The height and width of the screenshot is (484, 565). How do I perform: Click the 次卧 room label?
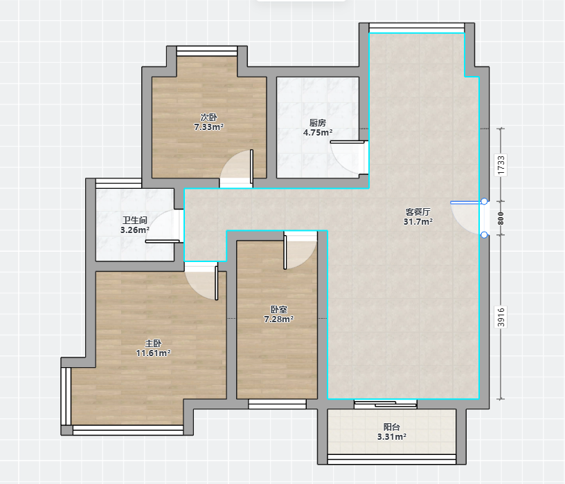pyautogui.click(x=208, y=118)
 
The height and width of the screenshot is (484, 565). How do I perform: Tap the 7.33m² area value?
pyautogui.click(x=208, y=127)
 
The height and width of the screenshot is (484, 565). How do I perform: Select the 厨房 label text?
pyautogui.click(x=317, y=123)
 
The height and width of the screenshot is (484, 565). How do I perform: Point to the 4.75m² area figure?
pyautogui.click(x=317, y=133)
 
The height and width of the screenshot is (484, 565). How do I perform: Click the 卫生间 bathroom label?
pyautogui.click(x=135, y=221)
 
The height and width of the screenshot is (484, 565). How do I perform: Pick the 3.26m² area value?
pyautogui.click(x=135, y=230)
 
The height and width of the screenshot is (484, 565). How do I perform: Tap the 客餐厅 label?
pyautogui.click(x=418, y=212)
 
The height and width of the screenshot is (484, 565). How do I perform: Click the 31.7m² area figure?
pyautogui.click(x=418, y=222)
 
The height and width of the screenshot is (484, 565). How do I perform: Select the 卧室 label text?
pyautogui.click(x=278, y=310)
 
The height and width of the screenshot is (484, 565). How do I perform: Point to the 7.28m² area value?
pyautogui.click(x=278, y=319)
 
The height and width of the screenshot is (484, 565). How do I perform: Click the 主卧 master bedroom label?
pyautogui.click(x=153, y=344)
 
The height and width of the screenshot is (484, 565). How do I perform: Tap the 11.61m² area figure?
pyautogui.click(x=153, y=353)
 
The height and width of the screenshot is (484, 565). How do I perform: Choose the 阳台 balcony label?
pyautogui.click(x=392, y=427)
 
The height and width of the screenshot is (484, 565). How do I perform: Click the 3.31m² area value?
pyautogui.click(x=392, y=437)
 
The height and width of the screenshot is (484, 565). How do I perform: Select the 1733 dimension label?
pyautogui.click(x=501, y=165)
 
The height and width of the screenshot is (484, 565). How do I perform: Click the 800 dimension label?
pyautogui.click(x=501, y=218)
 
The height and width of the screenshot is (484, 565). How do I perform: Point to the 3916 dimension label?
pyautogui.click(x=501, y=317)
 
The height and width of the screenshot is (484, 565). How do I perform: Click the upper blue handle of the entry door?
pyautogui.click(x=484, y=201)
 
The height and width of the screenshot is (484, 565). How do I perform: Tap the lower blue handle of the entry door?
pyautogui.click(x=484, y=235)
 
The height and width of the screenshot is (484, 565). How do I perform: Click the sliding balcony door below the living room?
pyautogui.click(x=386, y=404)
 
